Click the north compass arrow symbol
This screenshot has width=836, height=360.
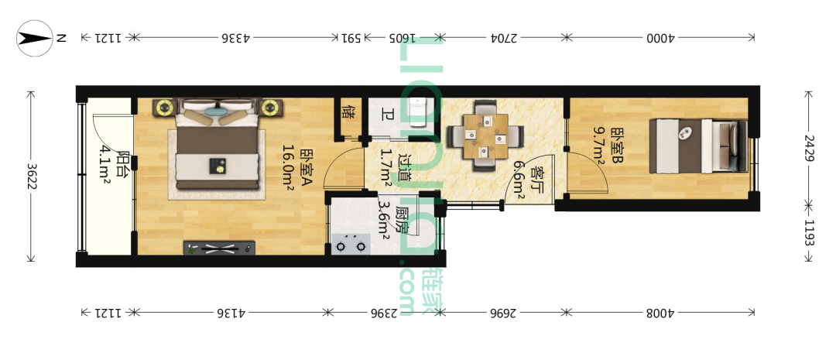35,38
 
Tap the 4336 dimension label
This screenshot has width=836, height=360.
232,38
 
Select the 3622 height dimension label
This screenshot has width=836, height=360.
31,176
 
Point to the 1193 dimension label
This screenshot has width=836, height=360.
810,232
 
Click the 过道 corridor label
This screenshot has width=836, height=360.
405,167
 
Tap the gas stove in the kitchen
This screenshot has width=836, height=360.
351,244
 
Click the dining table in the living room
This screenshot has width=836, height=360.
485,136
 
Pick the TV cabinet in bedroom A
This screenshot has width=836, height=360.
219,248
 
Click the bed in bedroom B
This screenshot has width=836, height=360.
697,146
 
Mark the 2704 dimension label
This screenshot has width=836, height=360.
503,38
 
